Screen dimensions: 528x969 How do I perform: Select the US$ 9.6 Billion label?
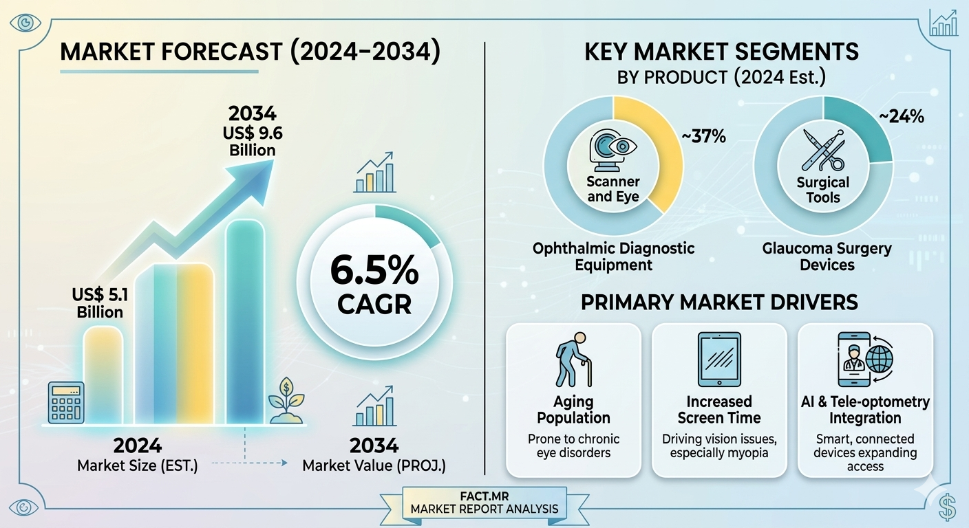coord(252,131)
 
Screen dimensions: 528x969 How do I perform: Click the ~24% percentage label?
coord(901,117)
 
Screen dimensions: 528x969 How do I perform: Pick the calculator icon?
coord(66,402)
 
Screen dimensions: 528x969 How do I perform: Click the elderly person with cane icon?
coord(573,360)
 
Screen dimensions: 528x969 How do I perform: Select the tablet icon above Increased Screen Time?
coord(719,360)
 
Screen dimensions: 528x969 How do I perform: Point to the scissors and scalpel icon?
coord(823,152)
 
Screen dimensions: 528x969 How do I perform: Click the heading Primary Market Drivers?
coord(719,302)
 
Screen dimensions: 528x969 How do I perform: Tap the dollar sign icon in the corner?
coord(947,507)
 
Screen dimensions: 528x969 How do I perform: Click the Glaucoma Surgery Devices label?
coord(827,256)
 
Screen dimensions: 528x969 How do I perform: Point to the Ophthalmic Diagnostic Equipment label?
coord(613,256)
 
